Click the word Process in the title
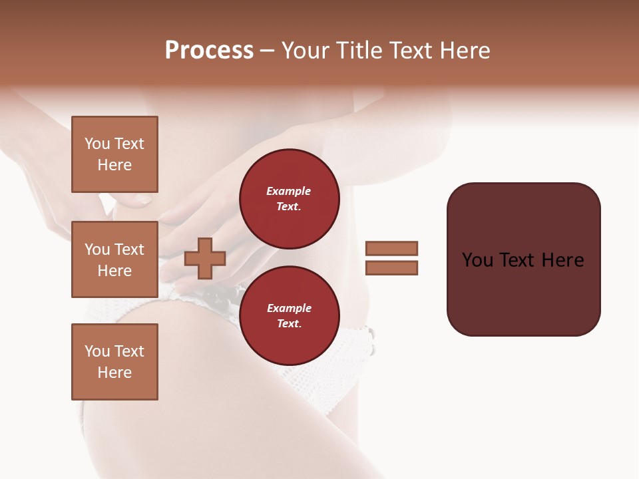point(209,51)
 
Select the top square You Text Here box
point(114,154)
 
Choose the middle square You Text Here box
point(114,259)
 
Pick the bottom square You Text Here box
point(114,362)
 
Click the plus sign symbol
point(205,258)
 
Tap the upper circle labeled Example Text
point(289,199)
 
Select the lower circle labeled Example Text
point(289,316)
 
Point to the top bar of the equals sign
point(392,249)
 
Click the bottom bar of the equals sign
point(392,268)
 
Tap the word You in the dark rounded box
point(478,260)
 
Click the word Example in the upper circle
point(289,192)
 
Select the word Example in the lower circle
point(289,309)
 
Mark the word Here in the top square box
point(114,165)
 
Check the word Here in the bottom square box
point(114,373)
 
